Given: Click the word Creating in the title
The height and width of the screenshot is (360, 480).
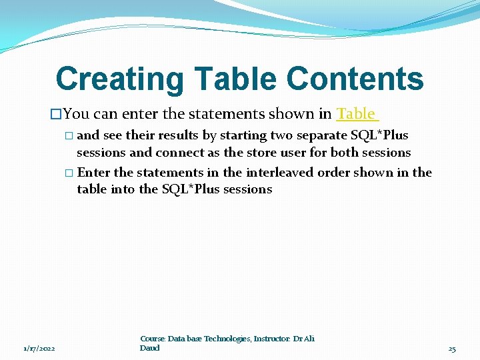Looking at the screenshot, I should [117, 79].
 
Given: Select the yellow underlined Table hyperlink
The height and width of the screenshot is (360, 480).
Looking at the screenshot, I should [356, 113].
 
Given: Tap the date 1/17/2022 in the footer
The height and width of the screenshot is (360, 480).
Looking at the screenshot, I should [39, 349].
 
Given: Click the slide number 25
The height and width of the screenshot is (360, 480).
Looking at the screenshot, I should [452, 349].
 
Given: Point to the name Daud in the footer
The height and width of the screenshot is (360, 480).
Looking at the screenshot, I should [150, 347].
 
